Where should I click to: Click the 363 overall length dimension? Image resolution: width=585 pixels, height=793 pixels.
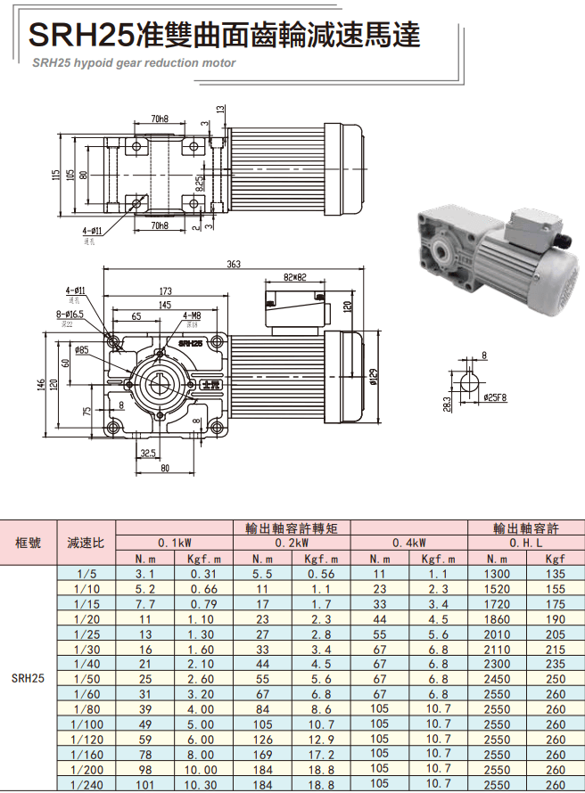234,265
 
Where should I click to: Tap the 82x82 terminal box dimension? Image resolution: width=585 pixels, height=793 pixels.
294,277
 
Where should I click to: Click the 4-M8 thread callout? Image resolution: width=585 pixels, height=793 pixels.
191,315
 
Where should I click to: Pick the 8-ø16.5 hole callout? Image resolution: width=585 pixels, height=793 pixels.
72,315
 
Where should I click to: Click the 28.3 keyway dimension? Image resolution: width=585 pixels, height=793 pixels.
444,404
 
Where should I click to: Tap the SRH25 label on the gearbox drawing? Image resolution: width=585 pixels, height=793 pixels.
189,342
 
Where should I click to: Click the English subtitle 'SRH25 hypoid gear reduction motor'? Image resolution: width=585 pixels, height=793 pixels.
134,63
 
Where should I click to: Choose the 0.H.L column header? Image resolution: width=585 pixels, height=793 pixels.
526,542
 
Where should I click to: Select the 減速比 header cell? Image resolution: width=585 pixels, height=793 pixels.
86,542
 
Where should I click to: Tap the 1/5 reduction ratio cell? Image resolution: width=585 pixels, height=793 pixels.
86,575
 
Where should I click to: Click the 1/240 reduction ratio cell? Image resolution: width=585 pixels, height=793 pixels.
86,785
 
